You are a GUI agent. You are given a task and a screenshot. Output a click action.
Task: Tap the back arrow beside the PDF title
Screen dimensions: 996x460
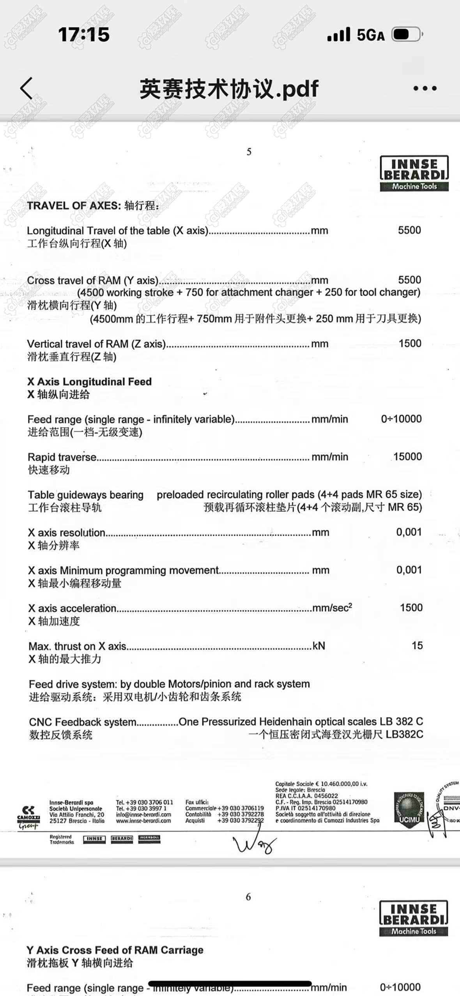(x=26, y=88)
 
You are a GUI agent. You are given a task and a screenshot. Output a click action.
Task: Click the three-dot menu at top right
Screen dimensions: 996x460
(x=425, y=88)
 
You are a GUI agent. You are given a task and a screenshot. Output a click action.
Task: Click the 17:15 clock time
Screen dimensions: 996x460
(x=84, y=34)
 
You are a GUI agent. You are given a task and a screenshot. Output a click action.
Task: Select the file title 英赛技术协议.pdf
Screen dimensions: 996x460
(x=229, y=89)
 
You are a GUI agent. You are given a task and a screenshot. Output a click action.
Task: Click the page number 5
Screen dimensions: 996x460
(x=249, y=152)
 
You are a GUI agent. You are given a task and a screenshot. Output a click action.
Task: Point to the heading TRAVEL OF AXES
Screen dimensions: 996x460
(x=74, y=206)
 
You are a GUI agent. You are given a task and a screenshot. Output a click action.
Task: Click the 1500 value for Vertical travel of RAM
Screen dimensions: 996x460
(x=410, y=343)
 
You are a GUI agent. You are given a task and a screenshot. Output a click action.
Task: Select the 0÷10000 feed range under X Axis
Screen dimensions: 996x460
(x=401, y=419)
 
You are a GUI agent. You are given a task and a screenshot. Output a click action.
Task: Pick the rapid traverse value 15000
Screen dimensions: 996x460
(x=407, y=457)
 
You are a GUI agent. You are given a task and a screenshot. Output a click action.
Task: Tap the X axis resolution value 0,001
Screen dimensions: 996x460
(x=409, y=532)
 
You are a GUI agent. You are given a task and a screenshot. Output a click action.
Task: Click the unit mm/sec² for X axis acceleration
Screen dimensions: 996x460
(x=332, y=608)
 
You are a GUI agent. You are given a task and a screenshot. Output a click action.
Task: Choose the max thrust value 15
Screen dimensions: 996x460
(x=417, y=646)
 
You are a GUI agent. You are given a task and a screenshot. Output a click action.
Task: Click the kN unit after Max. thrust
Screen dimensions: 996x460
(x=319, y=646)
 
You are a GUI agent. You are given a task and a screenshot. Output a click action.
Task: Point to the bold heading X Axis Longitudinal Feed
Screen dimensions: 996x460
(x=89, y=382)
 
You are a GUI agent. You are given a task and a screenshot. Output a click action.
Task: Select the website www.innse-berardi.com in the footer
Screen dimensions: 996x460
(x=143, y=821)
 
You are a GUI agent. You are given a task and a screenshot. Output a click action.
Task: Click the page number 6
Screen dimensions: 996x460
(x=248, y=897)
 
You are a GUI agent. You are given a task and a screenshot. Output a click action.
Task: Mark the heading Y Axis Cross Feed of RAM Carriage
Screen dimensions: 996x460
(x=115, y=950)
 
